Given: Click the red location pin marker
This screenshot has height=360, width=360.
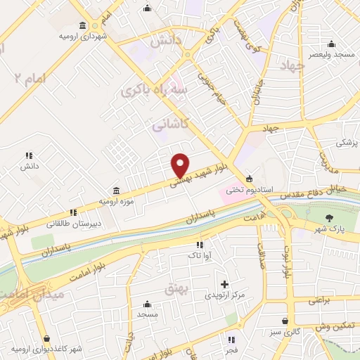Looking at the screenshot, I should click(181, 165).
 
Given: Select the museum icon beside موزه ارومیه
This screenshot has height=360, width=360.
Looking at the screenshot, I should click(116, 191).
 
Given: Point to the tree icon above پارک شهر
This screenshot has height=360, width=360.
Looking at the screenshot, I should click(331, 216).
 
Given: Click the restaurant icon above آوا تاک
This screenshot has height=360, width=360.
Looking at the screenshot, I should click(199, 245).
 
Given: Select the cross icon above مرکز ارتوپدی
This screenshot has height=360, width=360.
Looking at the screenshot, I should click(224, 284).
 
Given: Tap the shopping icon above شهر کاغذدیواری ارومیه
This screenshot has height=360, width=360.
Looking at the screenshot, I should click(46, 339).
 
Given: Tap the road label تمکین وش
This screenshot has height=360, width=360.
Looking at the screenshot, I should click(332, 328).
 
